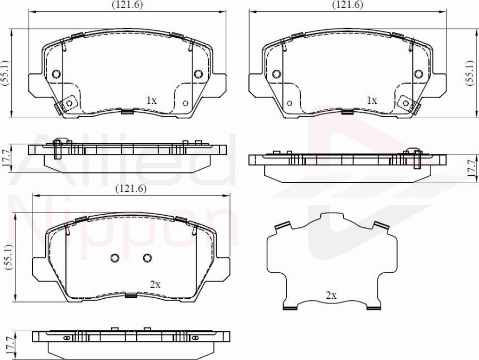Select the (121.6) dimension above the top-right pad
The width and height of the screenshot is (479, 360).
pos(348,5)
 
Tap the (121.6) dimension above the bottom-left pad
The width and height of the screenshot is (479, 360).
pos(131,189)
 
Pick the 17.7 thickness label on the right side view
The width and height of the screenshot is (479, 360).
pos(470,167)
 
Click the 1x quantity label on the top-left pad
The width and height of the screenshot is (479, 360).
pos(152,100)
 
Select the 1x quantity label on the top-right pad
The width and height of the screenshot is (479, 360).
pos(371,100)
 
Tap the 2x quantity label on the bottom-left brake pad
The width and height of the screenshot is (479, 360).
pos(155,285)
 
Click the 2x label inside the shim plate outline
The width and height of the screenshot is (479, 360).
pos(331,295)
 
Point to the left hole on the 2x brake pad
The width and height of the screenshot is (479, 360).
pos(114,258)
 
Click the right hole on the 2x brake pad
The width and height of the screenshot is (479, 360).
pos(147,258)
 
